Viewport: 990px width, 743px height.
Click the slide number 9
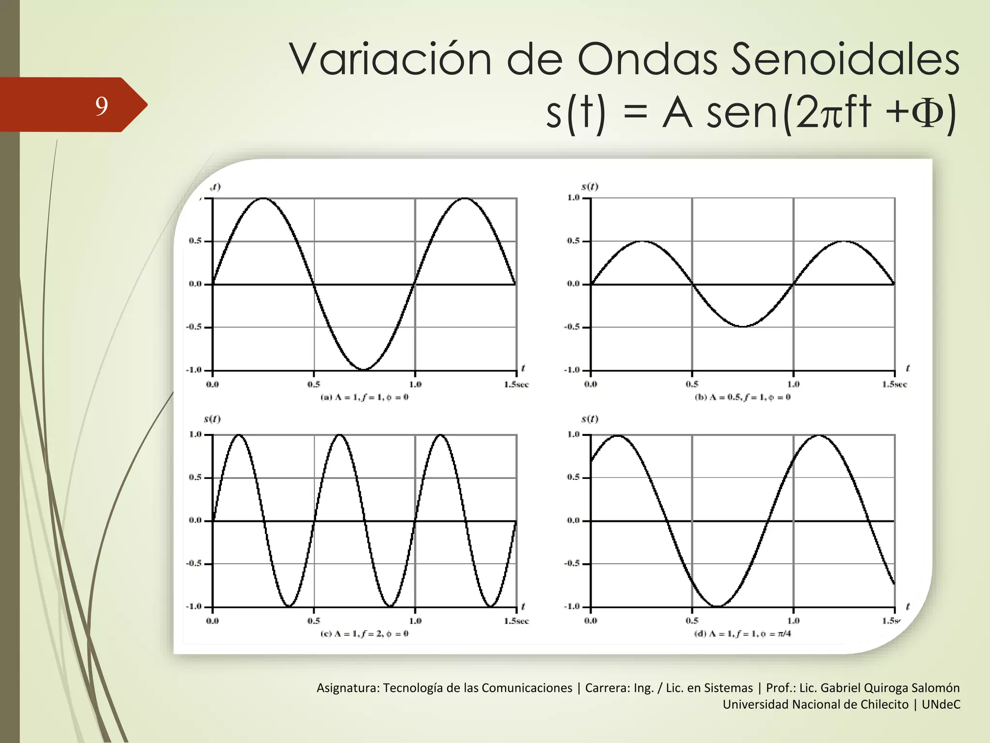click(101, 106)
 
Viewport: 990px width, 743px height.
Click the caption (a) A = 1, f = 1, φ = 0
click(364, 397)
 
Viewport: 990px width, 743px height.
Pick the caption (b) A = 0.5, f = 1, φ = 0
click(742, 397)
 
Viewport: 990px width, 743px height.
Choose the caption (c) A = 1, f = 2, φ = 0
click(364, 634)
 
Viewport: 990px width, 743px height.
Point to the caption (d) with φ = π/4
click(742, 634)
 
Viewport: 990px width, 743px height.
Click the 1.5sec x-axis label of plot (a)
click(516, 385)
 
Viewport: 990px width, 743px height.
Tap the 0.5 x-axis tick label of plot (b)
click(692, 385)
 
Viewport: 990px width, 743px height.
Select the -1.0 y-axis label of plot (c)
click(194, 607)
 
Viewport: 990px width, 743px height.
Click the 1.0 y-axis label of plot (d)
click(573, 434)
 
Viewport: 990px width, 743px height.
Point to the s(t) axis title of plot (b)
click(590, 187)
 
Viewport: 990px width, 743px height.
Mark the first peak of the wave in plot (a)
click(263, 198)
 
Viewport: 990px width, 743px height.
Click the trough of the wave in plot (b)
click(743, 327)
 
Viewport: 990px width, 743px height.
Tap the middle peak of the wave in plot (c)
click(340, 435)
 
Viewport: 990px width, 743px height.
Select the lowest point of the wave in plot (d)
click(717, 606)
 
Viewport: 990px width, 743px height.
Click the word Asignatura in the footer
click(348, 688)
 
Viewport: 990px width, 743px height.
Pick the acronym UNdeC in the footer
click(941, 704)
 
